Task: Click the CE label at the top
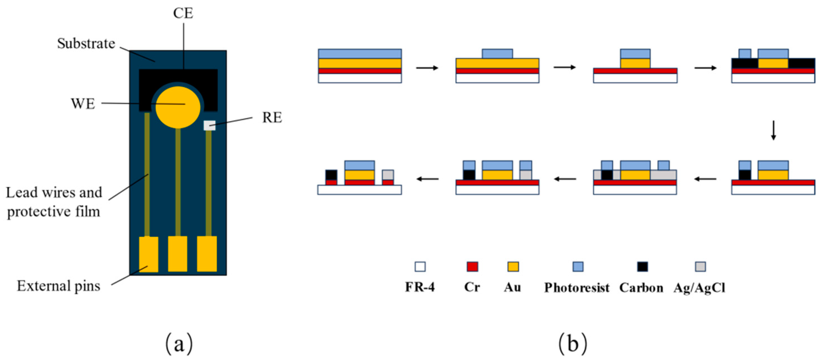[x=183, y=13]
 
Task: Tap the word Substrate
[x=86, y=44]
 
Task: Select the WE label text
[x=83, y=104]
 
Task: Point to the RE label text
[x=272, y=118]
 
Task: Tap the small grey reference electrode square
[x=209, y=125]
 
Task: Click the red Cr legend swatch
[x=472, y=266]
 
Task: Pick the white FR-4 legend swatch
[x=420, y=266]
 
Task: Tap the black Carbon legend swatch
[x=642, y=266]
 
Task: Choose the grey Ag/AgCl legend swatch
[x=700, y=266]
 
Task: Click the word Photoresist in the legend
[x=577, y=287]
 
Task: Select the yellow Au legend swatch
[x=513, y=266]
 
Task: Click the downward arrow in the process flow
[x=773, y=130]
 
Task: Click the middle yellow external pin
[x=178, y=254]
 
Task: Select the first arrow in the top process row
[x=427, y=68]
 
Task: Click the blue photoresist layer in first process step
[x=360, y=54]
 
